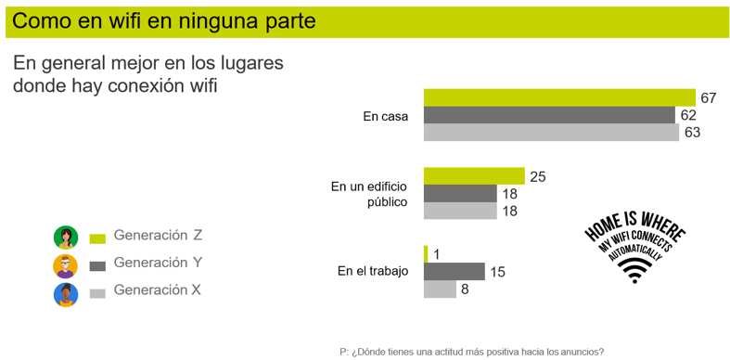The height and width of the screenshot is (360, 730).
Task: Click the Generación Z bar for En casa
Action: pos(559,97)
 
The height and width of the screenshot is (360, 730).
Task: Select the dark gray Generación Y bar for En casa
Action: pos(549,115)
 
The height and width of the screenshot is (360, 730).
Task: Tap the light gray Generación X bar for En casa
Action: pos(551,133)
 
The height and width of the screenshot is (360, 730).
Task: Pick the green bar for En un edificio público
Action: pos(474,176)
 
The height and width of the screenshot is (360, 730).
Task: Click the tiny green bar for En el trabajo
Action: pos(426,254)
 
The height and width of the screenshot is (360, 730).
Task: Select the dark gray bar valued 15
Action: pos(455,272)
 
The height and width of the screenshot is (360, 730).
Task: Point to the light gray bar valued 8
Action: pos(440,289)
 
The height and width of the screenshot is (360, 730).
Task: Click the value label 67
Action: pos(710,97)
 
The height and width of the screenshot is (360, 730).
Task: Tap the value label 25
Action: pos(538,176)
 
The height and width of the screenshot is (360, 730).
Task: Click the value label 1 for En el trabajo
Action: pos(436,254)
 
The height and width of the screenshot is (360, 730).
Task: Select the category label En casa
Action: pos(385,116)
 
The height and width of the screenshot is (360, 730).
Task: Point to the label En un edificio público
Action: pos(369,194)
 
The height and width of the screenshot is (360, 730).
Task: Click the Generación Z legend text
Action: pos(157,236)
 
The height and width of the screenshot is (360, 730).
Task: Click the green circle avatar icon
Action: pos(65,238)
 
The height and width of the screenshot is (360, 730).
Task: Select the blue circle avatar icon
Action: pos(65,295)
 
